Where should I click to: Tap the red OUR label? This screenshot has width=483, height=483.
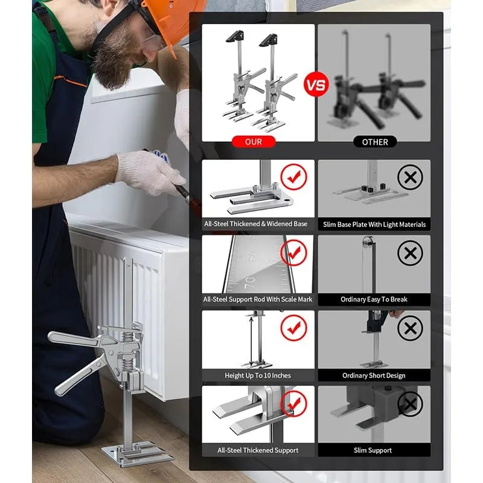point(254,142)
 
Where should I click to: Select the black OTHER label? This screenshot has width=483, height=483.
point(374,142)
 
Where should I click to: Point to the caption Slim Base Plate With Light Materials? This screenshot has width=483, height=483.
point(374,224)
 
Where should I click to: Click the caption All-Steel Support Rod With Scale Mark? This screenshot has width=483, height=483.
point(258,299)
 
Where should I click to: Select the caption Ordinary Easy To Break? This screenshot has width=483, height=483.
point(374,299)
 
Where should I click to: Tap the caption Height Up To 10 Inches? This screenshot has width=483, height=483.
point(258,376)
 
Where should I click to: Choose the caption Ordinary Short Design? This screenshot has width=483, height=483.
point(374,376)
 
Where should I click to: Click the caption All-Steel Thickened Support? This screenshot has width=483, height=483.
point(258,450)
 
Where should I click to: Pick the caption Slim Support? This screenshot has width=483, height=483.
point(374,450)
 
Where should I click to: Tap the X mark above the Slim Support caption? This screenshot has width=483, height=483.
point(410,404)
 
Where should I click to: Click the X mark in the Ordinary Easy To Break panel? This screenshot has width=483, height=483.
point(410,253)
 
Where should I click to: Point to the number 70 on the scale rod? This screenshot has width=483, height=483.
point(250,281)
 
